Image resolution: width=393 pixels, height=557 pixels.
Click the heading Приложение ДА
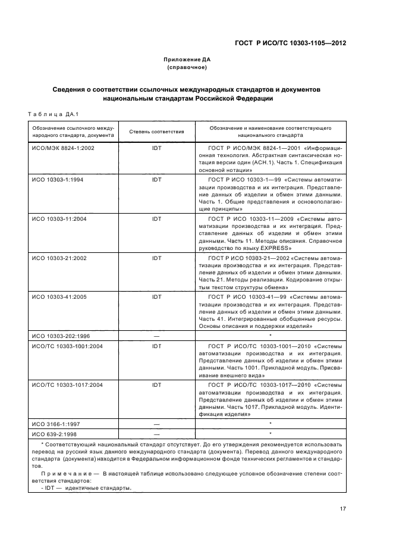(187, 60)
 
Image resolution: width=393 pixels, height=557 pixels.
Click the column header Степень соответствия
(157, 132)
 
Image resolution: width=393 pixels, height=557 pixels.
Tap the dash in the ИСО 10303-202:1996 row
(157, 336)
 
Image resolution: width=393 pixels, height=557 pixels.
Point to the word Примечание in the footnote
(65, 474)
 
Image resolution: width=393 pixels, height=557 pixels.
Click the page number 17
(343, 508)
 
